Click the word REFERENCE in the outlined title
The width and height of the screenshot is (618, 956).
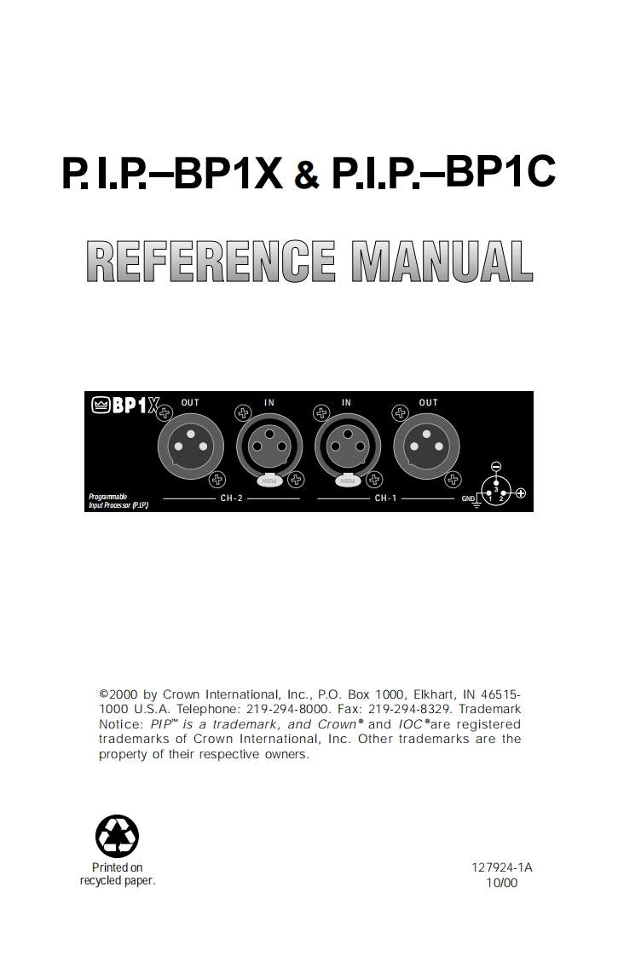click(x=212, y=262)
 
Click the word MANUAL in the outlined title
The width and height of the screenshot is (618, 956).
click(x=442, y=262)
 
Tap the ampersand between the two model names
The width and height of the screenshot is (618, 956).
click(x=307, y=176)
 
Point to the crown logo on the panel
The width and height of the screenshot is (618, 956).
click(x=101, y=406)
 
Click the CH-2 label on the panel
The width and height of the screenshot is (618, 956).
click(x=231, y=497)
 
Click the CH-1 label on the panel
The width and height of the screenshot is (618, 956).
click(x=385, y=497)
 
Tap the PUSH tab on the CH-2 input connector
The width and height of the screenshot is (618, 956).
click(x=269, y=481)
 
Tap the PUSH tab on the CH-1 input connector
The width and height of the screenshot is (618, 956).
click(x=348, y=481)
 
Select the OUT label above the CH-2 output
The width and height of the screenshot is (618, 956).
click(x=190, y=402)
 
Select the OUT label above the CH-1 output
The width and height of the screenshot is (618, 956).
click(x=428, y=402)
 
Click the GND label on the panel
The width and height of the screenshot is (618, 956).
click(x=468, y=498)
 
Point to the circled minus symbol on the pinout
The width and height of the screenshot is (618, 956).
click(x=496, y=466)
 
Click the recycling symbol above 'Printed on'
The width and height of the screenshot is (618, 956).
click(x=117, y=836)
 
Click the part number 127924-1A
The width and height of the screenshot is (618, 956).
click(x=502, y=868)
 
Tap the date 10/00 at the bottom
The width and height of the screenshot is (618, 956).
click(x=501, y=883)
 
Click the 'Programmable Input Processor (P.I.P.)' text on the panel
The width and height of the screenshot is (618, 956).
click(x=118, y=501)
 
